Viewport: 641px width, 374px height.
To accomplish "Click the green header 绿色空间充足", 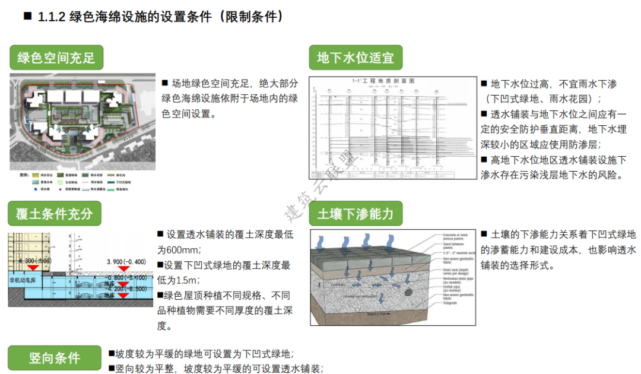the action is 56,58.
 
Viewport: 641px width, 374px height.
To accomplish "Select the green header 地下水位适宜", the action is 356,58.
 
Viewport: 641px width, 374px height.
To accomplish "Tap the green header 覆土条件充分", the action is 54,214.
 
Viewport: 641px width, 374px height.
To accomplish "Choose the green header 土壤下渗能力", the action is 356,214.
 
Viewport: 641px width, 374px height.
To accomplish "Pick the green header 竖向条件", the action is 54,358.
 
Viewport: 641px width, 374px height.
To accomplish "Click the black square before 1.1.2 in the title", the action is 27,17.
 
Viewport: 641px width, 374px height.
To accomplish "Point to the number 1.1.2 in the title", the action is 52,17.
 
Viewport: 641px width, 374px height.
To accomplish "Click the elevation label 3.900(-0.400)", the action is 126,262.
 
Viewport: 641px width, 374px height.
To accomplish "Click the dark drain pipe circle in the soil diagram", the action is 408,291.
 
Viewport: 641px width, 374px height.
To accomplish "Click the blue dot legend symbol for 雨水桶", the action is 35,189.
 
